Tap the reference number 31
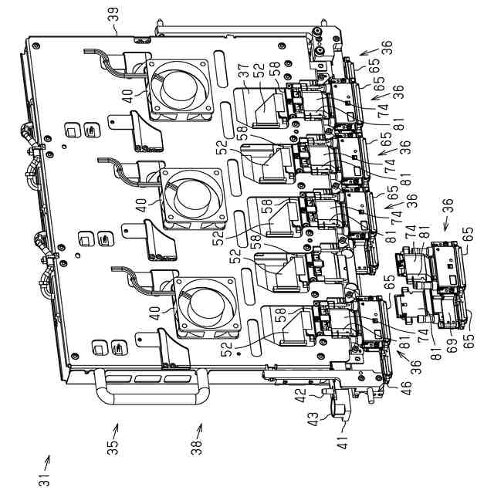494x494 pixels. click(x=45, y=477)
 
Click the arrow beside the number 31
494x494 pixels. click(x=46, y=461)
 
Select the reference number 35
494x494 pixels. click(x=112, y=445)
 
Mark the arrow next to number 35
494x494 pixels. click(x=117, y=429)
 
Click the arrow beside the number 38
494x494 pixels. click(x=200, y=429)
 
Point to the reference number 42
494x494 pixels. click(x=301, y=394)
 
